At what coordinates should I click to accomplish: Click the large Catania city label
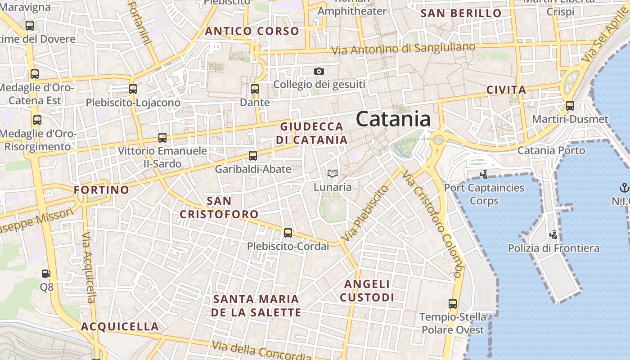[393, 119]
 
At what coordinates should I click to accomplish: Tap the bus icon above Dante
[255, 89]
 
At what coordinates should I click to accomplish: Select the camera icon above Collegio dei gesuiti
[319, 71]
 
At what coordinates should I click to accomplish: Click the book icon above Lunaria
[333, 173]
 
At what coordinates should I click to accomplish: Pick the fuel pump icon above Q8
[46, 273]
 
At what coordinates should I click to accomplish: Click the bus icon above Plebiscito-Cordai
[288, 233]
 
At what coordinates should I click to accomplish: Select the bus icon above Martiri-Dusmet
[570, 106]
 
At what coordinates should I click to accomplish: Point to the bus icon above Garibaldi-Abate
[253, 156]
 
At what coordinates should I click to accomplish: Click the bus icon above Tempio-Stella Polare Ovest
[453, 304]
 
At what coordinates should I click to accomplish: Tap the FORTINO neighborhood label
[101, 190]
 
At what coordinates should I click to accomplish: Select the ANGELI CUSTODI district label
[367, 291]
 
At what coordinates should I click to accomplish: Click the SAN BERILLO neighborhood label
[461, 13]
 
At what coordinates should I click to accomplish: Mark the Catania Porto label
[551, 150]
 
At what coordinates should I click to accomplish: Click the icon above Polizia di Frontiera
[553, 234]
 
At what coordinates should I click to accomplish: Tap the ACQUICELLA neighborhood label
[120, 327]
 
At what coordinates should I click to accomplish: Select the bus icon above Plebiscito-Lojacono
[133, 89]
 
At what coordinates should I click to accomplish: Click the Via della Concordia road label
[261, 351]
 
